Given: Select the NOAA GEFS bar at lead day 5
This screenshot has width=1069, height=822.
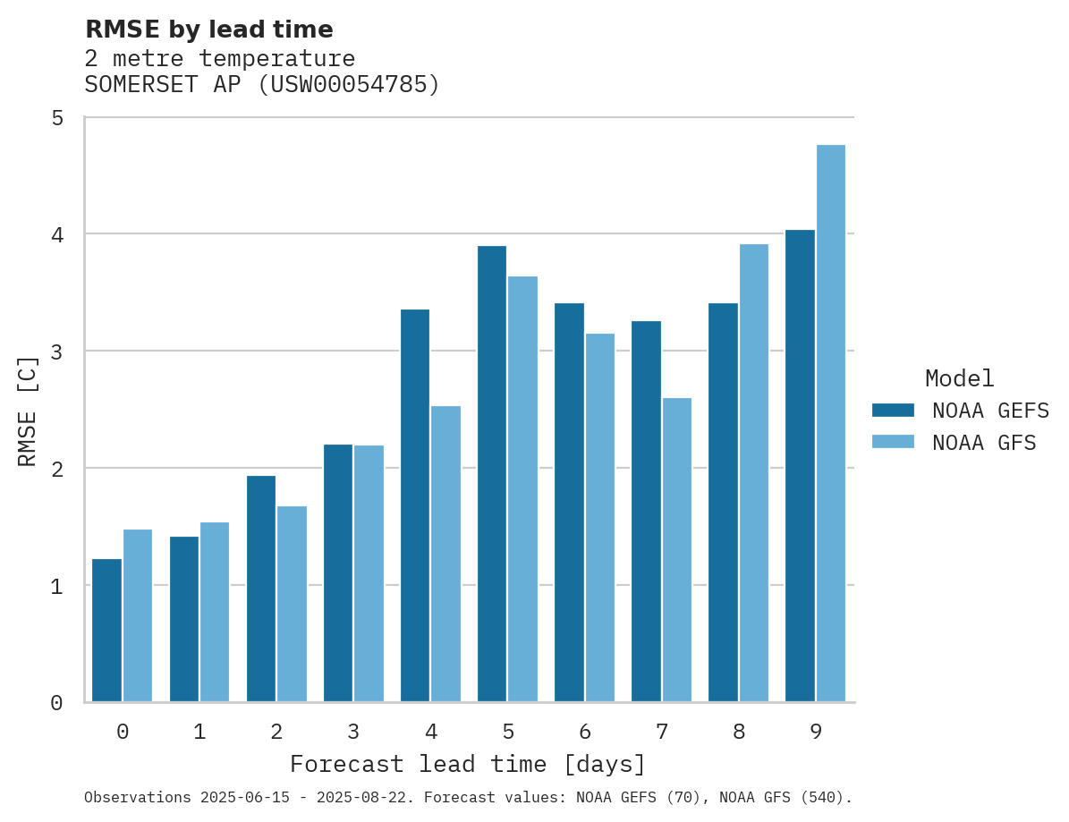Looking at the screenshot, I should coord(492,474).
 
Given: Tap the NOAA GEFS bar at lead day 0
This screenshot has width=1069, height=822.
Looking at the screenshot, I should coord(107,631).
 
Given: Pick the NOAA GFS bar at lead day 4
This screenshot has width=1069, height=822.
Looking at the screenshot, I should coord(445,554).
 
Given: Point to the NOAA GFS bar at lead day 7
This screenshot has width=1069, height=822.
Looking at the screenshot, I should coord(676,550).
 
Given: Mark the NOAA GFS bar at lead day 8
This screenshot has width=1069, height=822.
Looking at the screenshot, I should coord(753,473).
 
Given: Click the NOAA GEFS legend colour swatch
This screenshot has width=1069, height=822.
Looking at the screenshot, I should coord(893,410).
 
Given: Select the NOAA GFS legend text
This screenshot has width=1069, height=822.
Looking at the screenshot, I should coord(984,443).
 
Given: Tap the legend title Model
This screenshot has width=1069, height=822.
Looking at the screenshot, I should coord(959,378).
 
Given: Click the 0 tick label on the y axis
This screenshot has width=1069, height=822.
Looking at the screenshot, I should coord(57,703).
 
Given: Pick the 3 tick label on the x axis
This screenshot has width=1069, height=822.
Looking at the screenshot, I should coord(353,732).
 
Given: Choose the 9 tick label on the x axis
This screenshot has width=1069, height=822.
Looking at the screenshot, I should coord(815,732).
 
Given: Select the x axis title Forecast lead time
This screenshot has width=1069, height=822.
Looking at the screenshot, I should coord(467,765).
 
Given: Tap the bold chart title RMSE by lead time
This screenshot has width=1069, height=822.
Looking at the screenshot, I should coord(208,30).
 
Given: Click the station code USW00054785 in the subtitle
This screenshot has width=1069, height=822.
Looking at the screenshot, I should coord(349,85).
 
